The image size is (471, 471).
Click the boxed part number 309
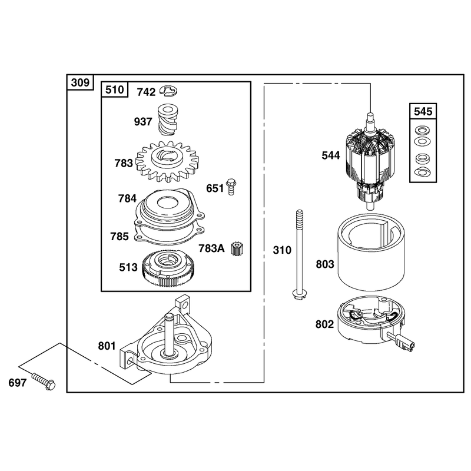click(80, 82)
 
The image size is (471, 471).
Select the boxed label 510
click(115, 89)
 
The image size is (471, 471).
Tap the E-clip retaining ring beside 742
click(169, 91)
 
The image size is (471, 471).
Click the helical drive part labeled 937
click(168, 120)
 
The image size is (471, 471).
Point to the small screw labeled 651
click(231, 187)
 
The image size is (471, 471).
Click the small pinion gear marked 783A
click(237, 248)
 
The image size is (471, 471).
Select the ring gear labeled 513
click(168, 267)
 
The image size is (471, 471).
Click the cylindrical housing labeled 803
click(372, 252)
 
